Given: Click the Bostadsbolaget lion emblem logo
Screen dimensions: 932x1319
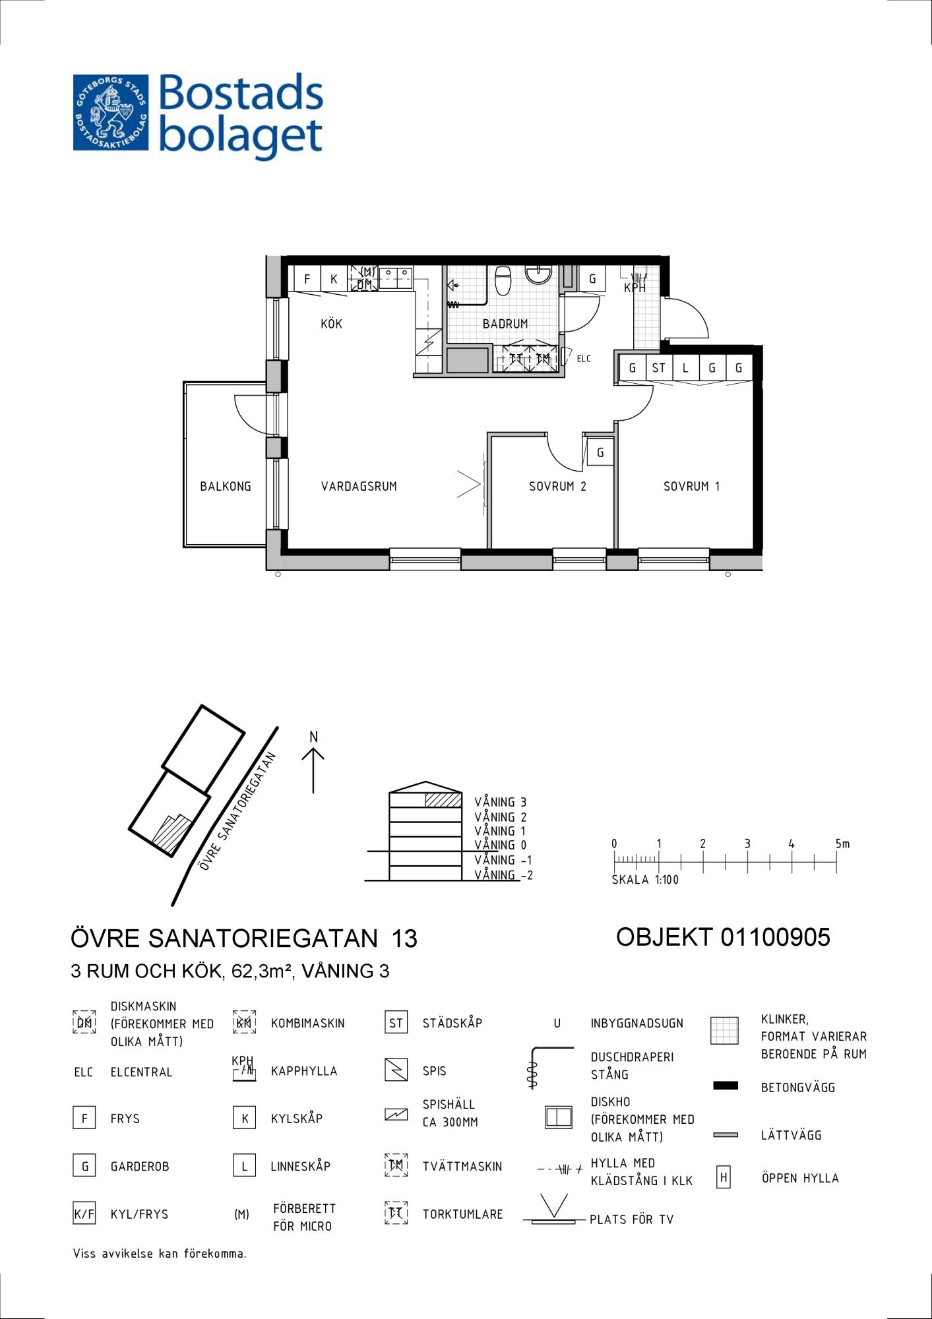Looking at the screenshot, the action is pos(111,112).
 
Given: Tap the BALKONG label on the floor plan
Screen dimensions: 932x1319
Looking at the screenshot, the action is pos(226,487).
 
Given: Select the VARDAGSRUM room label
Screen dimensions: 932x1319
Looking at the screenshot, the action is pos(359,487).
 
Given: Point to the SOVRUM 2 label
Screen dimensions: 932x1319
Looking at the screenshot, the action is pos(557,487).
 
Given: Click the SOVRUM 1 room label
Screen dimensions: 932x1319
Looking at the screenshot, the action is pos(691,487).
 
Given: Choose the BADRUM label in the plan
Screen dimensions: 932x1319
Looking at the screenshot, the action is pos(505,324).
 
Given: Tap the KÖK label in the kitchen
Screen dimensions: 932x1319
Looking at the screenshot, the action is pos(331,324).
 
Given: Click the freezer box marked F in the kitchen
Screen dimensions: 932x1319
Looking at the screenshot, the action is pos(307,278).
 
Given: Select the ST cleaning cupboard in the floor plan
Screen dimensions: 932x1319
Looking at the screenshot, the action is pos(659,368).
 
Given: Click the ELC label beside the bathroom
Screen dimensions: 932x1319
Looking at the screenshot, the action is pos(584,359).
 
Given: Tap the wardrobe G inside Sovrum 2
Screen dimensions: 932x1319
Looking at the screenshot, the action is pos(600,452).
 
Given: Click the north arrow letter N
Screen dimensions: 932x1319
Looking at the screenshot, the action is pos(314,737).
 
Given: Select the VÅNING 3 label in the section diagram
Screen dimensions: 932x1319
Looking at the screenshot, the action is pos(501,802).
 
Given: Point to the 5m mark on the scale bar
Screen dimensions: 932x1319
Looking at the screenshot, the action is pos(842,844).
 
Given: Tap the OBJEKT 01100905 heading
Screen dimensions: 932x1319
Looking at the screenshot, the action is pos(723,937).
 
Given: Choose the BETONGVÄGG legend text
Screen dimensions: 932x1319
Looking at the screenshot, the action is pos(798,1088).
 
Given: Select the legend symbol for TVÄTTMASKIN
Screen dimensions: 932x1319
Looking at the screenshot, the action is pos(396,1166).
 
